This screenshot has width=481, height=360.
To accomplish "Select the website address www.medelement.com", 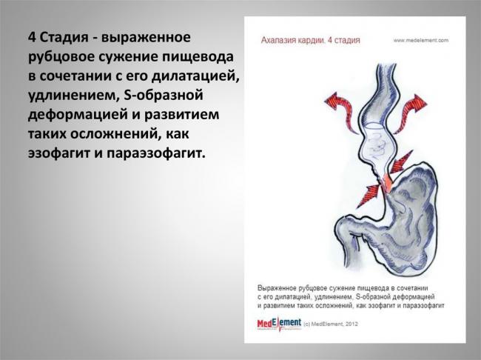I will (422, 40).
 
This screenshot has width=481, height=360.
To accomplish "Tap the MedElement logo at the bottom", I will (279, 324).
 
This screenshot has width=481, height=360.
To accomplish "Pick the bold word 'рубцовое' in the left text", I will (63, 56).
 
